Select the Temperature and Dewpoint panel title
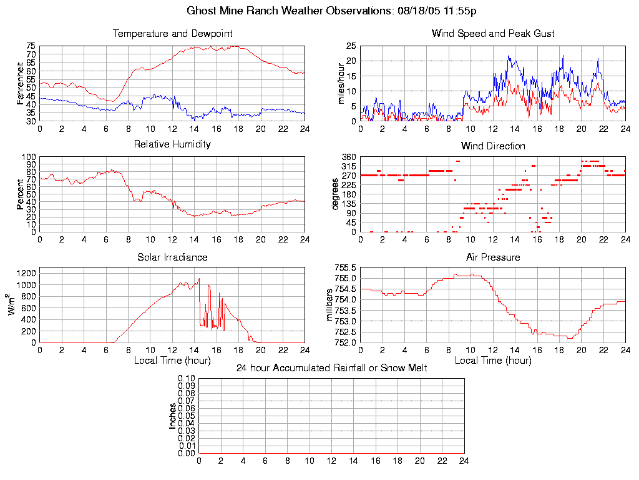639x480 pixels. click(x=172, y=33)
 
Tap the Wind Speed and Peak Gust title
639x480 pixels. click(x=493, y=33)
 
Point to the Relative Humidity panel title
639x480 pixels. click(x=172, y=144)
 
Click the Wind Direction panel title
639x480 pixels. click(x=493, y=146)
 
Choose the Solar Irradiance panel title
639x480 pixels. click(x=172, y=257)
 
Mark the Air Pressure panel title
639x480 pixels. click(x=493, y=257)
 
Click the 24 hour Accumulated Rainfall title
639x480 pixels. click(x=331, y=368)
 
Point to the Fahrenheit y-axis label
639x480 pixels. click(x=20, y=83)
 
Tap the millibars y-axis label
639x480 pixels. click(x=331, y=305)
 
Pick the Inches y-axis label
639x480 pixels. click(x=173, y=416)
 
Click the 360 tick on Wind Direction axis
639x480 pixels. click(x=348, y=157)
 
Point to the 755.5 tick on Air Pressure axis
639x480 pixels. click(x=345, y=268)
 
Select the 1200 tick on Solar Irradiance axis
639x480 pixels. click(x=27, y=272)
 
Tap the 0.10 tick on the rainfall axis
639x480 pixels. click(x=187, y=379)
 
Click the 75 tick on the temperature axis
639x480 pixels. click(x=31, y=46)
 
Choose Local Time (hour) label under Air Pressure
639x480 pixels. click(x=493, y=360)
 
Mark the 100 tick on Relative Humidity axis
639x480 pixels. click(x=29, y=157)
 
